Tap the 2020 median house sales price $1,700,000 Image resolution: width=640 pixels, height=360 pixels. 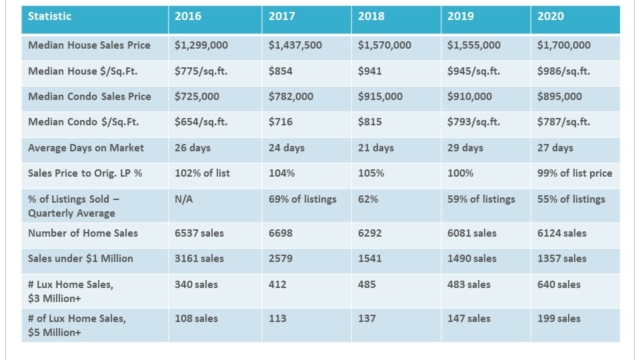(x=564, y=45)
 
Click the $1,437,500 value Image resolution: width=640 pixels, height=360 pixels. (x=295, y=45)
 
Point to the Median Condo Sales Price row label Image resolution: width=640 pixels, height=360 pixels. (x=89, y=97)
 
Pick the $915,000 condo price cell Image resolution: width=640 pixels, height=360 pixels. (x=380, y=97)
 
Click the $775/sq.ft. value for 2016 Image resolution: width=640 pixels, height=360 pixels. (x=201, y=71)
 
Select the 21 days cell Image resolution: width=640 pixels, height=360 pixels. (x=376, y=148)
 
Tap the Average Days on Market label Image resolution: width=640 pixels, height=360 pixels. (x=86, y=148)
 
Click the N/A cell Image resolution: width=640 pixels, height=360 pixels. (x=184, y=199)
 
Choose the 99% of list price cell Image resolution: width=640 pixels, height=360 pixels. (x=575, y=173)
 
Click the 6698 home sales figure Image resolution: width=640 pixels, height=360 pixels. (x=280, y=233)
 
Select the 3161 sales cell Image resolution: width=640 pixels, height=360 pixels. (x=199, y=259)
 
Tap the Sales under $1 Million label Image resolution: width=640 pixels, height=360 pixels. (x=80, y=259)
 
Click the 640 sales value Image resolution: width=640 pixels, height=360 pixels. (x=559, y=284)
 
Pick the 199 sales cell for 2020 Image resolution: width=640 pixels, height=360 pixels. (x=559, y=318)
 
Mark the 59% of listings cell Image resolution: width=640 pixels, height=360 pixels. (x=481, y=199)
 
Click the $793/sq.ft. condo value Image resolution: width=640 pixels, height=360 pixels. (x=473, y=122)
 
